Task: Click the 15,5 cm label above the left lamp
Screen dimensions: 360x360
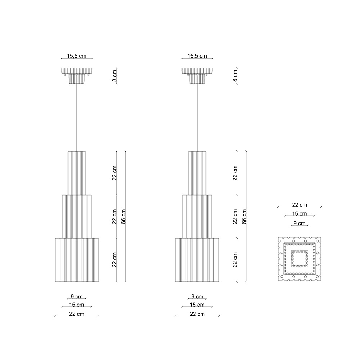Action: click(x=76, y=56)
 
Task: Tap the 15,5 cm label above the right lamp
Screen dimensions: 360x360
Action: click(x=197, y=56)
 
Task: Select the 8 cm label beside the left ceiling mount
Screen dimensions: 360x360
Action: click(x=114, y=76)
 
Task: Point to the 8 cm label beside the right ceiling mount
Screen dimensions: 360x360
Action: click(x=235, y=76)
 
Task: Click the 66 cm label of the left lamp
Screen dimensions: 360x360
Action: click(x=123, y=216)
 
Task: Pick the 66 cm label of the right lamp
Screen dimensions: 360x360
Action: click(x=244, y=216)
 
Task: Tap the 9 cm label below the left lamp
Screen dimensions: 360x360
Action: click(x=76, y=297)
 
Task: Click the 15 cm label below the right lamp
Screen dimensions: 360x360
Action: click(x=197, y=305)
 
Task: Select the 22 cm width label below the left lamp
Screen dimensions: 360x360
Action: click(x=76, y=314)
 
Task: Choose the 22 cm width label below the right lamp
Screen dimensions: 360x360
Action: click(x=197, y=314)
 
